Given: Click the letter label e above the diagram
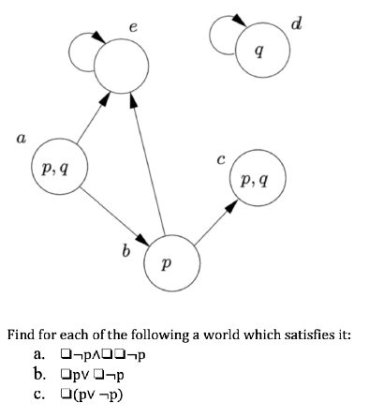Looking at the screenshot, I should [135, 26].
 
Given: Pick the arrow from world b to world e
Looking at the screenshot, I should [147, 163].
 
